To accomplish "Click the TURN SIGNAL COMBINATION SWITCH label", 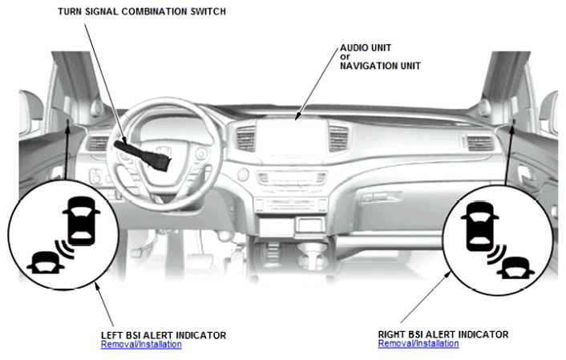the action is (x=141, y=11).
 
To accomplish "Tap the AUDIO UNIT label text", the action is (x=366, y=47).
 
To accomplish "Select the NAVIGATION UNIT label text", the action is (x=380, y=66).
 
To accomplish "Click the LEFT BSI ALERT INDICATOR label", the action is (x=164, y=335).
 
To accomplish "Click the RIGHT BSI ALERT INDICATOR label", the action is (x=443, y=334).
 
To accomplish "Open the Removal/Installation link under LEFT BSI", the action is (x=141, y=344).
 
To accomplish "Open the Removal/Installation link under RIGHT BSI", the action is (x=418, y=343).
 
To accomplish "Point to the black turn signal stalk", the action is (x=143, y=156).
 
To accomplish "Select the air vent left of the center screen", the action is (x=246, y=138).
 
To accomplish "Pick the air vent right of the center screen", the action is (x=338, y=138).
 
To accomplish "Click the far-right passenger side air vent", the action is (x=479, y=143).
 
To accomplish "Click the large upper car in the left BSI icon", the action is (x=81, y=220).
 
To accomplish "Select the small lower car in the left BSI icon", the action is (x=46, y=262).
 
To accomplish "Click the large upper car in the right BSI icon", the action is (x=479, y=226).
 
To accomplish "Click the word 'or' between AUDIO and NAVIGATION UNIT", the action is (x=345, y=57).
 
